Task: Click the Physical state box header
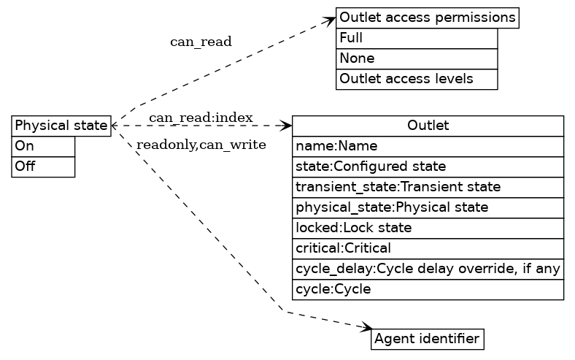click(61, 126)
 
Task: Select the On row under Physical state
click(43, 146)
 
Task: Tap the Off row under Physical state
click(43, 166)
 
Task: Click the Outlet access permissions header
click(427, 18)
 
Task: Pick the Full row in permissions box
click(416, 38)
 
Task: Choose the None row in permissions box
click(416, 58)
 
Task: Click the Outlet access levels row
click(416, 79)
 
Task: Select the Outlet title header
click(428, 126)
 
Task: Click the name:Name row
click(428, 146)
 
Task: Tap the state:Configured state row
click(428, 166)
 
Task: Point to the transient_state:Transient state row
click(428, 187)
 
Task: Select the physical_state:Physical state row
click(428, 207)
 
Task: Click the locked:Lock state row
click(428, 228)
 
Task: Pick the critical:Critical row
click(428, 248)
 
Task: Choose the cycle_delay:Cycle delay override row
click(428, 269)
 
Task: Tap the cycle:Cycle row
click(428, 289)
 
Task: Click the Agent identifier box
click(427, 339)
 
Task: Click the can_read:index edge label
click(201, 118)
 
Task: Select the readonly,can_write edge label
click(201, 145)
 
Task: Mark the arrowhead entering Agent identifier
click(366, 329)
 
